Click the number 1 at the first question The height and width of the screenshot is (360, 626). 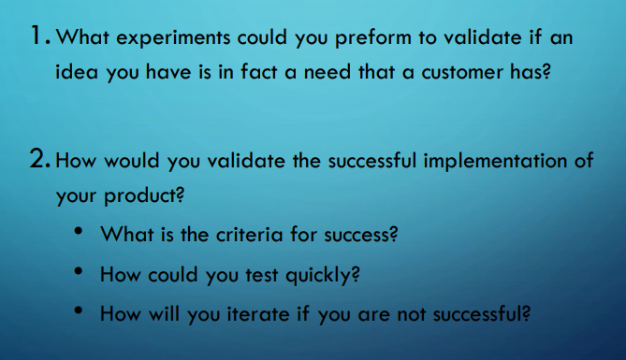(x=36, y=38)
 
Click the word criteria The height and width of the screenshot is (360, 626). (x=247, y=235)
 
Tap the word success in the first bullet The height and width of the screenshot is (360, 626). (x=359, y=235)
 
